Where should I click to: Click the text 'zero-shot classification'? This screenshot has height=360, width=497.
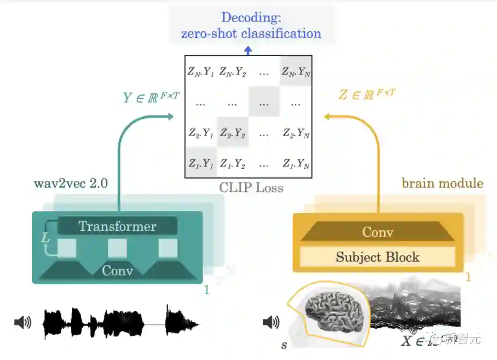point(251,33)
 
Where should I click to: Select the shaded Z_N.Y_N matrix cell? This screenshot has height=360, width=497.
point(296,72)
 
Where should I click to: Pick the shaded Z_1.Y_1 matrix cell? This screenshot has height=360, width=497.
point(201,163)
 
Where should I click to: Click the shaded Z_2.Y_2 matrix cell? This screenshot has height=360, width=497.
point(232,133)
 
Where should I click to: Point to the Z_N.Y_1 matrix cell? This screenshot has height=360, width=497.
point(201,72)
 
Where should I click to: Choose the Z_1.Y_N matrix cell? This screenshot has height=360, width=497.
point(296,163)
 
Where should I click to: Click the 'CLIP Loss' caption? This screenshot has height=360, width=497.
point(251,188)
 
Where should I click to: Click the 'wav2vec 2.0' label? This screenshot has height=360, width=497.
point(71,183)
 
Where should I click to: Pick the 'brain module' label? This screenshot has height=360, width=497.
point(442,183)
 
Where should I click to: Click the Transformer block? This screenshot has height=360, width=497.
point(117,226)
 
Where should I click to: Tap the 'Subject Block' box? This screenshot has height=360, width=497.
point(377,257)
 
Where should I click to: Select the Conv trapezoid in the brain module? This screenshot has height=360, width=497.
point(377,232)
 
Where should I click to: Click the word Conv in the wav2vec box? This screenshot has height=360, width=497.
point(117,270)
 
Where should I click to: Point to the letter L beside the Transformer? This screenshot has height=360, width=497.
point(45,238)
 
